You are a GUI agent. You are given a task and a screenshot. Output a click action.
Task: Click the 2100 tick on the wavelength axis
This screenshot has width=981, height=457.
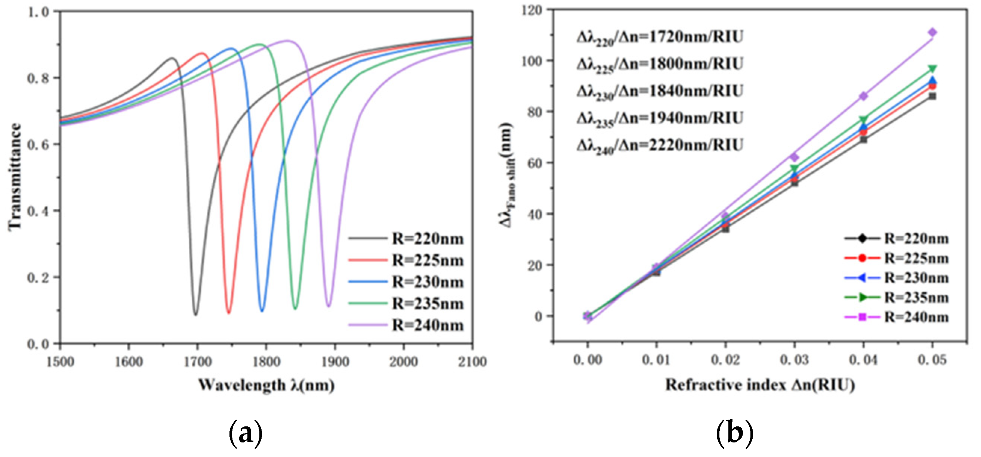tap(472, 361)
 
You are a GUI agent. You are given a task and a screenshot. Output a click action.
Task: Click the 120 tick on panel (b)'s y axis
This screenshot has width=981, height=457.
tap(533, 10)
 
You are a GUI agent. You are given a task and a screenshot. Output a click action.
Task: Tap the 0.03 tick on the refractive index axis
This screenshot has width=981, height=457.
tap(795, 360)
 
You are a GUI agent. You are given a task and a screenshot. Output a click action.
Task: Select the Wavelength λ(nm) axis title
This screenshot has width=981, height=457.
tap(266, 385)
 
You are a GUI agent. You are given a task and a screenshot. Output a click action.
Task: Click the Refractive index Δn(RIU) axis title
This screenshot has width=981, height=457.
tap(760, 385)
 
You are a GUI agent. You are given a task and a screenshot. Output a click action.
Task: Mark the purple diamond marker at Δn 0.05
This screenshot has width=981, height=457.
tap(932, 32)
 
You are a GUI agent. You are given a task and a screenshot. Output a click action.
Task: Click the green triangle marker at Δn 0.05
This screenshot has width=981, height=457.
tap(932, 69)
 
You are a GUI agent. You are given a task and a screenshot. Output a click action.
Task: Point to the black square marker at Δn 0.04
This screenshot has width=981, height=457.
tap(863, 140)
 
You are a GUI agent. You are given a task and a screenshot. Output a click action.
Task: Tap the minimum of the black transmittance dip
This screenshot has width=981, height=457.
tap(196, 314)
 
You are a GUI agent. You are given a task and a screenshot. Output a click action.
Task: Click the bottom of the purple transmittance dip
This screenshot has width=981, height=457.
tap(328, 306)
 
